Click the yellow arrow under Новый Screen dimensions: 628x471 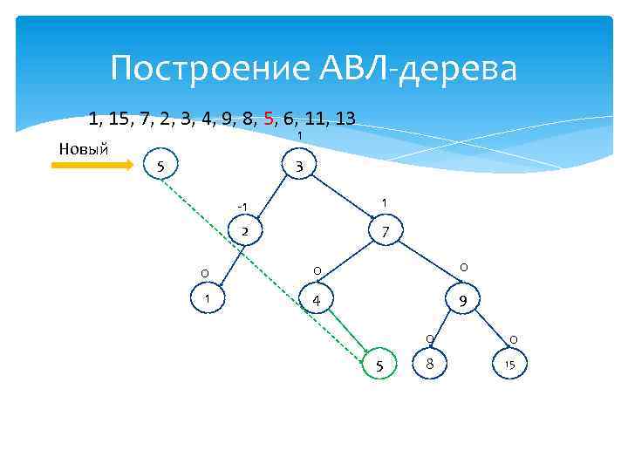[92, 163]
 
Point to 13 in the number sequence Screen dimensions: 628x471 [344, 118]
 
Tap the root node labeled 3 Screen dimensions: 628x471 [298, 166]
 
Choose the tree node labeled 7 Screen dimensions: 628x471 [384, 232]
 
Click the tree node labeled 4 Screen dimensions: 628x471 [317, 302]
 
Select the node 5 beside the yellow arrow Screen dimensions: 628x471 [159, 166]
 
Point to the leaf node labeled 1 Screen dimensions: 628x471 [207, 299]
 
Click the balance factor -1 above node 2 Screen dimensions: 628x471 [242, 207]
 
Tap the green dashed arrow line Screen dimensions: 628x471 [262, 262]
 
